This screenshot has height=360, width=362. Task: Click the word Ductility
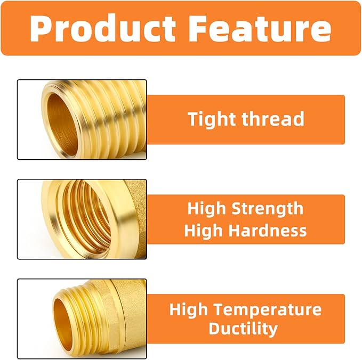point(243,328)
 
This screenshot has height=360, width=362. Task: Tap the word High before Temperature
point(189,309)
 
